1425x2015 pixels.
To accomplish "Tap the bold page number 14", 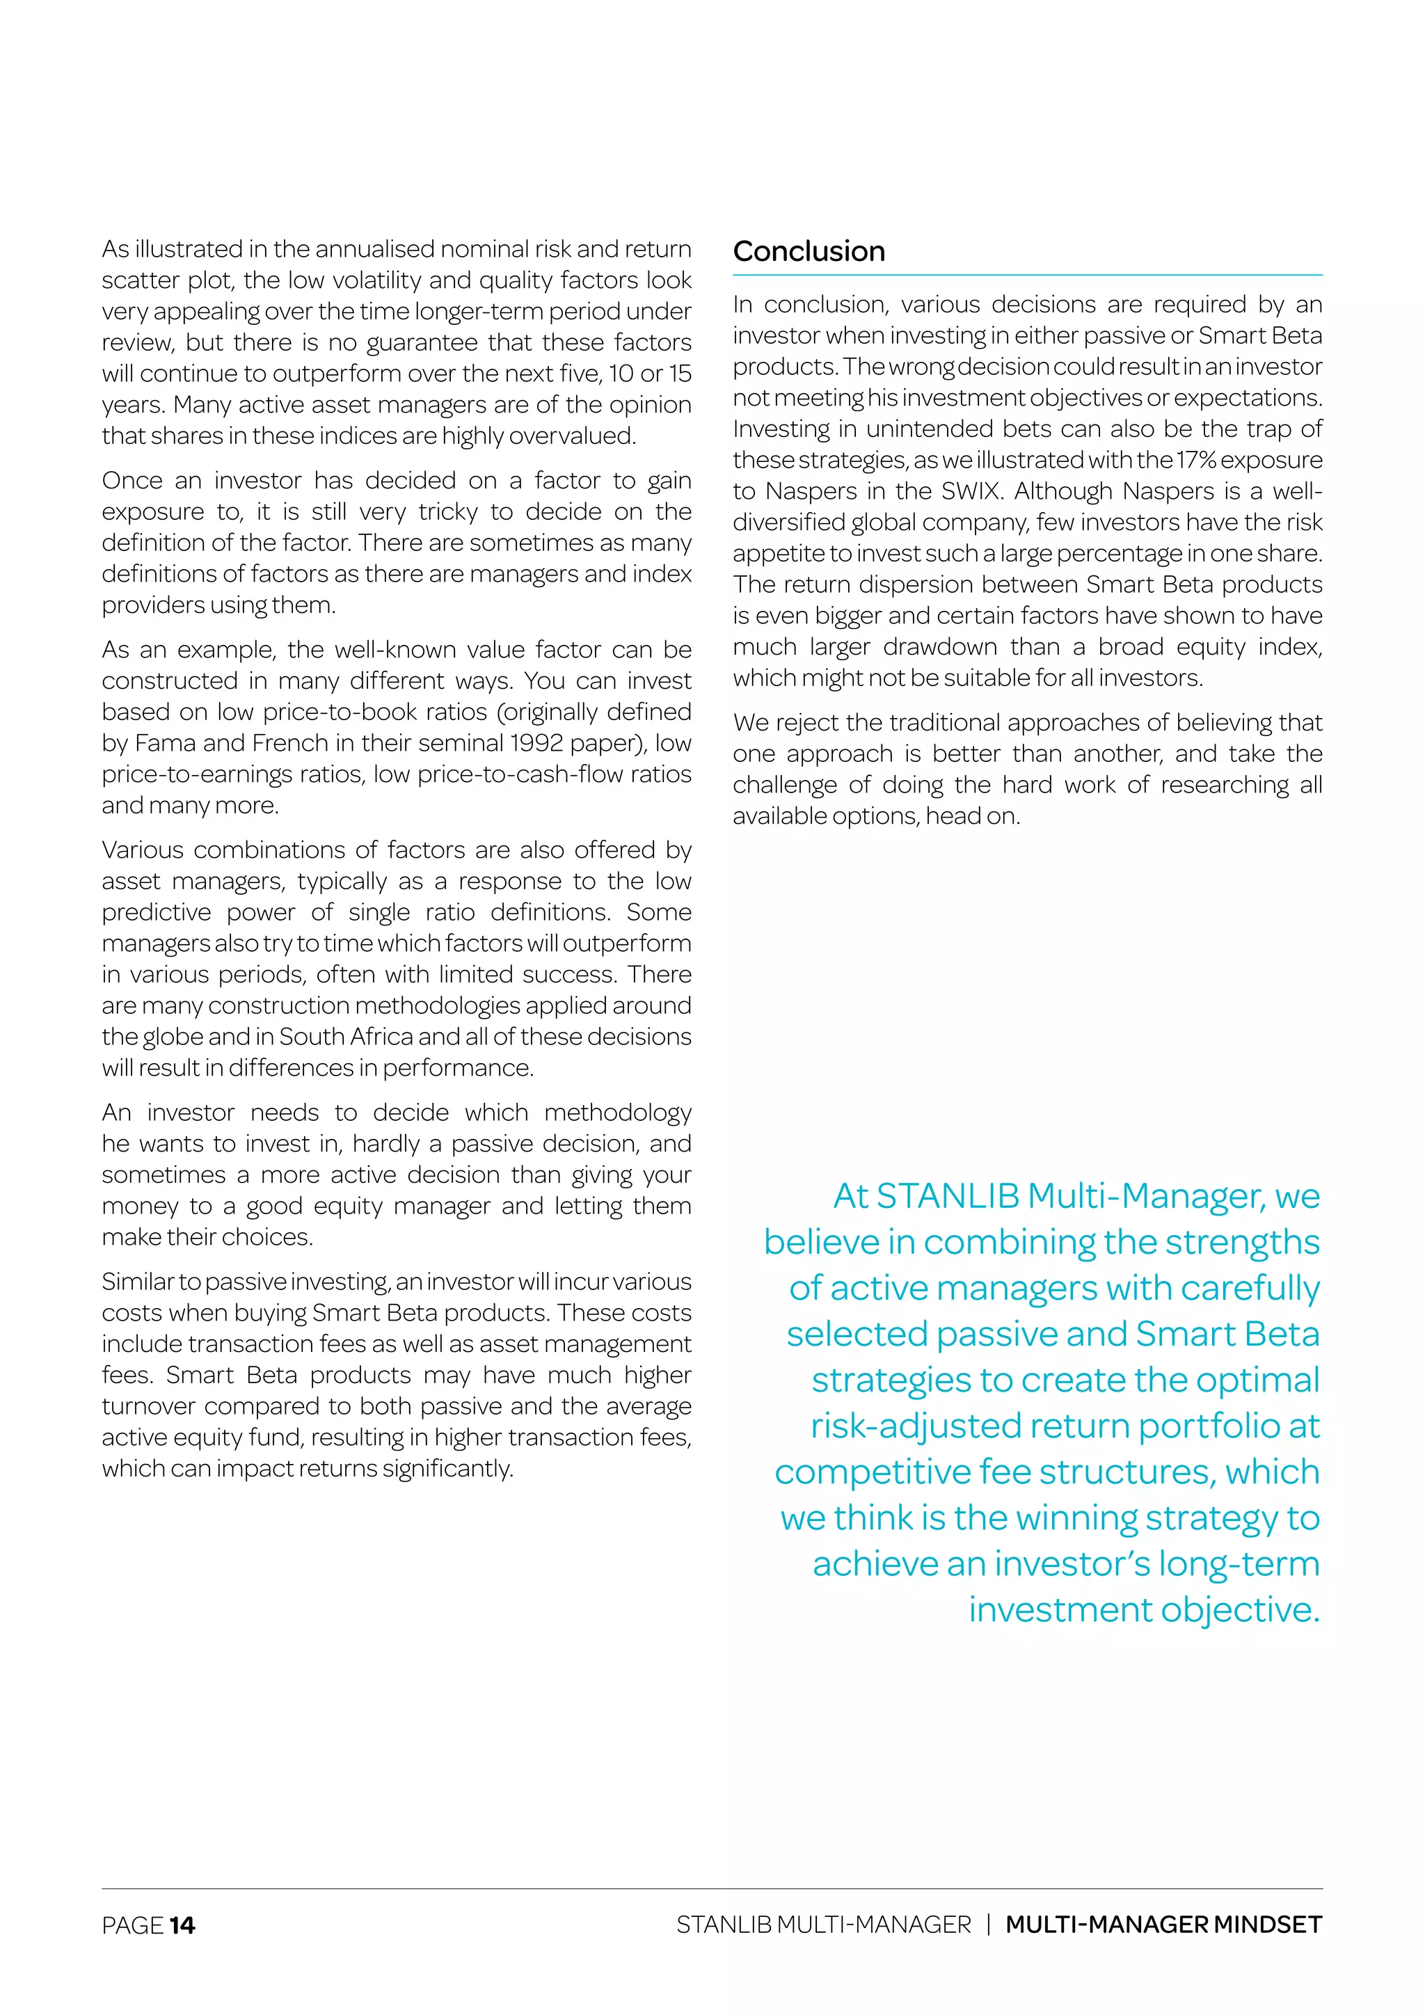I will tap(182, 1925).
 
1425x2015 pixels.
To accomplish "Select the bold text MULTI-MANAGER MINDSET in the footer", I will tap(1163, 1925).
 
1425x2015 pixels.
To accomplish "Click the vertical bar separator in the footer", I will tap(989, 1925).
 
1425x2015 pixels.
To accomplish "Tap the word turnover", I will tap(148, 1406).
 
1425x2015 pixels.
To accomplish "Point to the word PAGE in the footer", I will tap(132, 1925).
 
